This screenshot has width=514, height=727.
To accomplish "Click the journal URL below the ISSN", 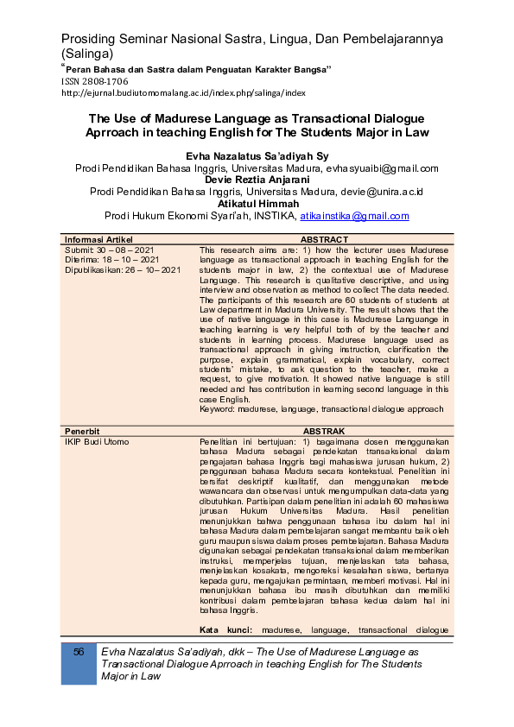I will point(183,92).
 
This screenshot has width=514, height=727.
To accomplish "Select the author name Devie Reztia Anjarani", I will point(257,180).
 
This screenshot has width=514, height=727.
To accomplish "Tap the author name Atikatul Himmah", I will point(257,204).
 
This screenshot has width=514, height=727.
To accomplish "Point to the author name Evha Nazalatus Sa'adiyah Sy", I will point(257,155).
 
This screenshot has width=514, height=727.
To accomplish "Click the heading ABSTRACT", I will point(324,239).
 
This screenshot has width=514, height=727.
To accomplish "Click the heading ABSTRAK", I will point(324,430).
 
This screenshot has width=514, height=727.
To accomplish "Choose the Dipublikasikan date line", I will point(123,269).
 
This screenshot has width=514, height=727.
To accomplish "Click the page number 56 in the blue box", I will point(79,651).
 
